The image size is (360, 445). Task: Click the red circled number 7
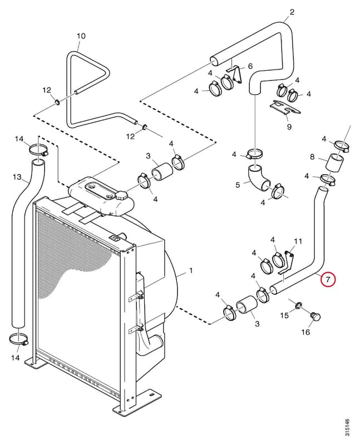point(328,280)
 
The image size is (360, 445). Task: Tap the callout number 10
point(81,36)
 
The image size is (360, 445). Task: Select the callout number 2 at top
point(292,12)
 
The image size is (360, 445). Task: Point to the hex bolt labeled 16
point(315,317)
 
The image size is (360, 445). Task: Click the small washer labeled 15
point(298,305)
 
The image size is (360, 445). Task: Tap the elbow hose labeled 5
point(258,178)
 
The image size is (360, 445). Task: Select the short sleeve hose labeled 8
point(335,162)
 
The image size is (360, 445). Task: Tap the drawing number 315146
point(347,427)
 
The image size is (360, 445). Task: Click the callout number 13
point(17,177)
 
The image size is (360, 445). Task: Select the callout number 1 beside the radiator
point(191,270)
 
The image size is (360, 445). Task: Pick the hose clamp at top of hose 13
point(38,149)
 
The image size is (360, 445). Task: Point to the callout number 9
point(289,126)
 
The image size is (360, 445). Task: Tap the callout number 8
point(312,156)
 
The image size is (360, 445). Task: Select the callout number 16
point(305,332)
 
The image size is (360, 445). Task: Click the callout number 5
point(238,185)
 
